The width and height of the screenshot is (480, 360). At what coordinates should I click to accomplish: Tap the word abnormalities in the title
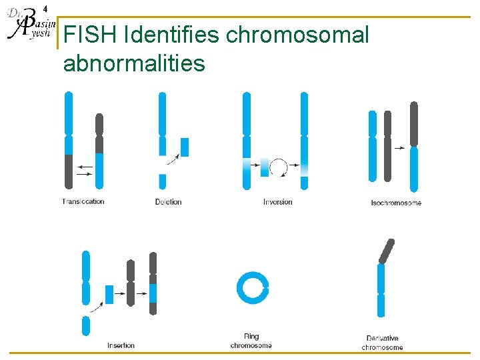[134, 63]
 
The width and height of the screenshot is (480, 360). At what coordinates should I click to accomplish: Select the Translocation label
[83, 201]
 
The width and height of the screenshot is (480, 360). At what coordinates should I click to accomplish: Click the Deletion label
[168, 201]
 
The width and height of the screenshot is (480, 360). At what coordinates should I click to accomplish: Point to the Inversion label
[277, 201]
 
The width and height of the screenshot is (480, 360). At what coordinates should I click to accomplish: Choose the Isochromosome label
[396, 203]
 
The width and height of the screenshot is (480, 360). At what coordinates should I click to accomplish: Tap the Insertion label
[121, 345]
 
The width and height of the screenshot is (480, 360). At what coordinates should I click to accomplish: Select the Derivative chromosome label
[383, 343]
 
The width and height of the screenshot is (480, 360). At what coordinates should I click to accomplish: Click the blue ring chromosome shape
[253, 288]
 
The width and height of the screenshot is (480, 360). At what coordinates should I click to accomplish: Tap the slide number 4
[45, 9]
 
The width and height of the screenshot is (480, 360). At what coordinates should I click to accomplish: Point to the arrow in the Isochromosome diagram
[399, 148]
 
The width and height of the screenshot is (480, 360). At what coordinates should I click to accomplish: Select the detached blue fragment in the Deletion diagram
[185, 147]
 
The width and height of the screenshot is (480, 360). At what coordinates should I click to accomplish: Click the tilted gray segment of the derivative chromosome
[386, 251]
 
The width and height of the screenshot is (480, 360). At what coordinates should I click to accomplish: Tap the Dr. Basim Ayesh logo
[27, 27]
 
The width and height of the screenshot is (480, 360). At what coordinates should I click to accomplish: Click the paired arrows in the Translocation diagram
[85, 169]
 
